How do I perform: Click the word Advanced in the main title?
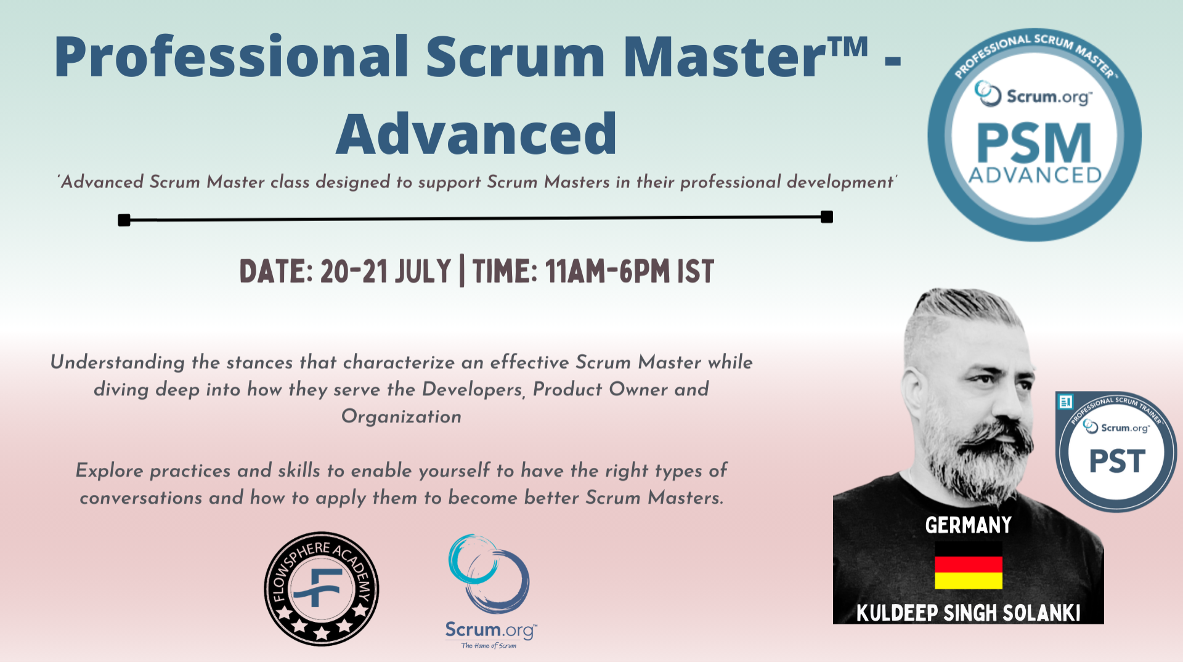click(476, 134)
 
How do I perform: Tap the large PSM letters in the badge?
click(1034, 143)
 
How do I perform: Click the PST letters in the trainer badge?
click(1116, 461)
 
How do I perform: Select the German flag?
click(968, 565)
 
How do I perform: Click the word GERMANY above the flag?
click(968, 525)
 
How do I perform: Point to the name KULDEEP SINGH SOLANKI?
click(968, 613)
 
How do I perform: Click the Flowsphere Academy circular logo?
click(321, 589)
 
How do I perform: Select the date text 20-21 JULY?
click(386, 272)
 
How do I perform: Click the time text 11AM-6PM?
click(607, 272)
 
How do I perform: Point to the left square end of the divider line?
click(124, 220)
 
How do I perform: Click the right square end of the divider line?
click(827, 217)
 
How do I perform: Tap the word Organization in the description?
click(401, 417)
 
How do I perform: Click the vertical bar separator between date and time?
click(461, 272)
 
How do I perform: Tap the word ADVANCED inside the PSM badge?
click(1035, 175)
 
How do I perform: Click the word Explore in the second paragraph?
click(109, 471)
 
